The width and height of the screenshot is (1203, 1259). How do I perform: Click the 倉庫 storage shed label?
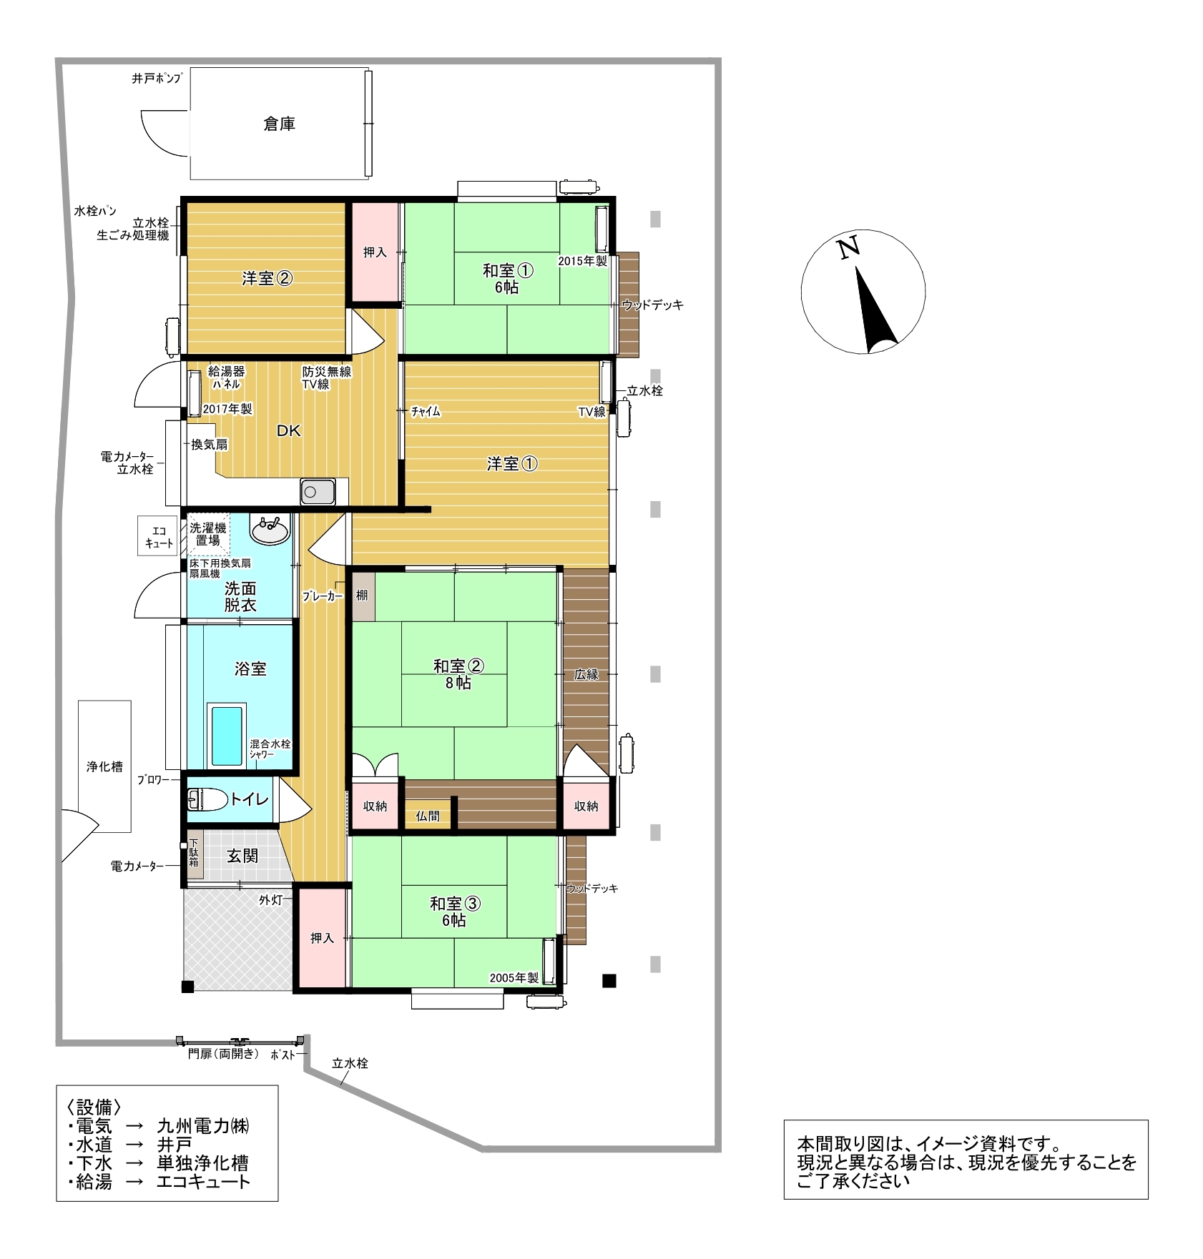point(279,124)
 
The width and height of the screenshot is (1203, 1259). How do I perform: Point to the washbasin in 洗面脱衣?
point(270,530)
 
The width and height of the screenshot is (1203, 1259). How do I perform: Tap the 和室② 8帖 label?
point(458,674)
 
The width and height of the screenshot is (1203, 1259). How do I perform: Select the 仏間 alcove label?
point(428,816)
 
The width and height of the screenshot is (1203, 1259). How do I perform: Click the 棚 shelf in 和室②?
point(363,596)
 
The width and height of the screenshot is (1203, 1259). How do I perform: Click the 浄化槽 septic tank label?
point(104,766)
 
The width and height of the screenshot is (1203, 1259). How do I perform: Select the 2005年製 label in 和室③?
point(514,978)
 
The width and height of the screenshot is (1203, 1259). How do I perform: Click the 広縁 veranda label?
point(586,674)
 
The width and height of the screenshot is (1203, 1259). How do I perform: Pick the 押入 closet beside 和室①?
point(374,252)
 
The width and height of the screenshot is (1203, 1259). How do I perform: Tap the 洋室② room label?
point(267,278)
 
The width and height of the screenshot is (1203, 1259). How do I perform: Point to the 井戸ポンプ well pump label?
point(157,79)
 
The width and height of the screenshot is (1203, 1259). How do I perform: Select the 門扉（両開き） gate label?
point(223,1054)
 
